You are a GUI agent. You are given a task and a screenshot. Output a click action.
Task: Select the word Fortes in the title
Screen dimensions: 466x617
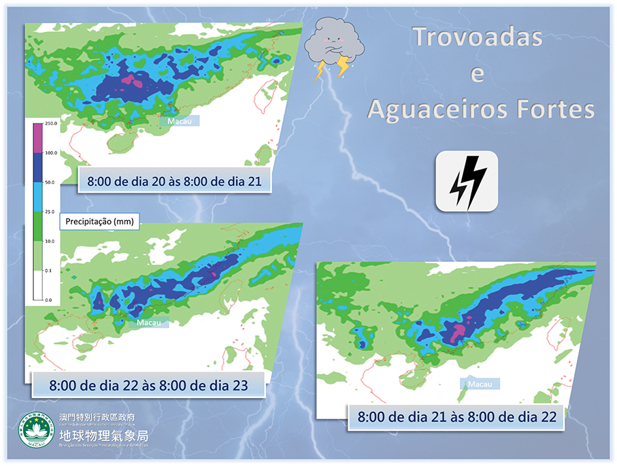tap(555, 109)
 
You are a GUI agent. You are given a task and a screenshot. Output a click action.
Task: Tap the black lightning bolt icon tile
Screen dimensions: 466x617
tap(467, 180)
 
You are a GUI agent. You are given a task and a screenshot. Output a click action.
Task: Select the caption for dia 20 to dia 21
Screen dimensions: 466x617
tap(174, 181)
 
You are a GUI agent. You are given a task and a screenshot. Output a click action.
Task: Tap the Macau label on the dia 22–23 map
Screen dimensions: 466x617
tap(149, 322)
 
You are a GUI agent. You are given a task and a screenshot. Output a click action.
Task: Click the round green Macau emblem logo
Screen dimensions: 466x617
tap(36, 431)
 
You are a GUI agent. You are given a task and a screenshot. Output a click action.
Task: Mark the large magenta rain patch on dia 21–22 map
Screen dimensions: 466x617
tap(458, 333)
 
